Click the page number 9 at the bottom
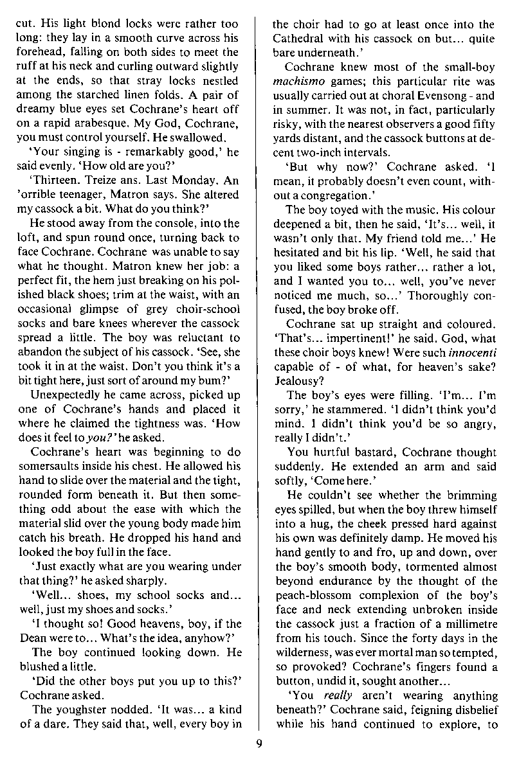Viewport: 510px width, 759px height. [x=256, y=744]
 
